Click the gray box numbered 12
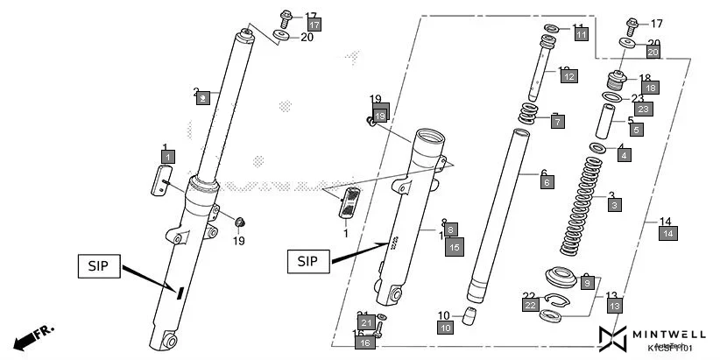point(568,77)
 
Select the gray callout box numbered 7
point(558,122)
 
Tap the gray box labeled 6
point(547,182)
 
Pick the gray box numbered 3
point(615,204)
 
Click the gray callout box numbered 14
point(668,233)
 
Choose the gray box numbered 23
point(644,109)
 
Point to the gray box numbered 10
point(446,327)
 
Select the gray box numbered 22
point(529,305)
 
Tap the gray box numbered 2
point(202,99)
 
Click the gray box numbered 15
point(454,248)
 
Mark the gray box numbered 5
point(635,130)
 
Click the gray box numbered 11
point(581,34)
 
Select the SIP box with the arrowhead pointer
point(307,261)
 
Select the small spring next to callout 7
point(530,114)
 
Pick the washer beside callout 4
point(596,148)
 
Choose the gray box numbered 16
point(365,342)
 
